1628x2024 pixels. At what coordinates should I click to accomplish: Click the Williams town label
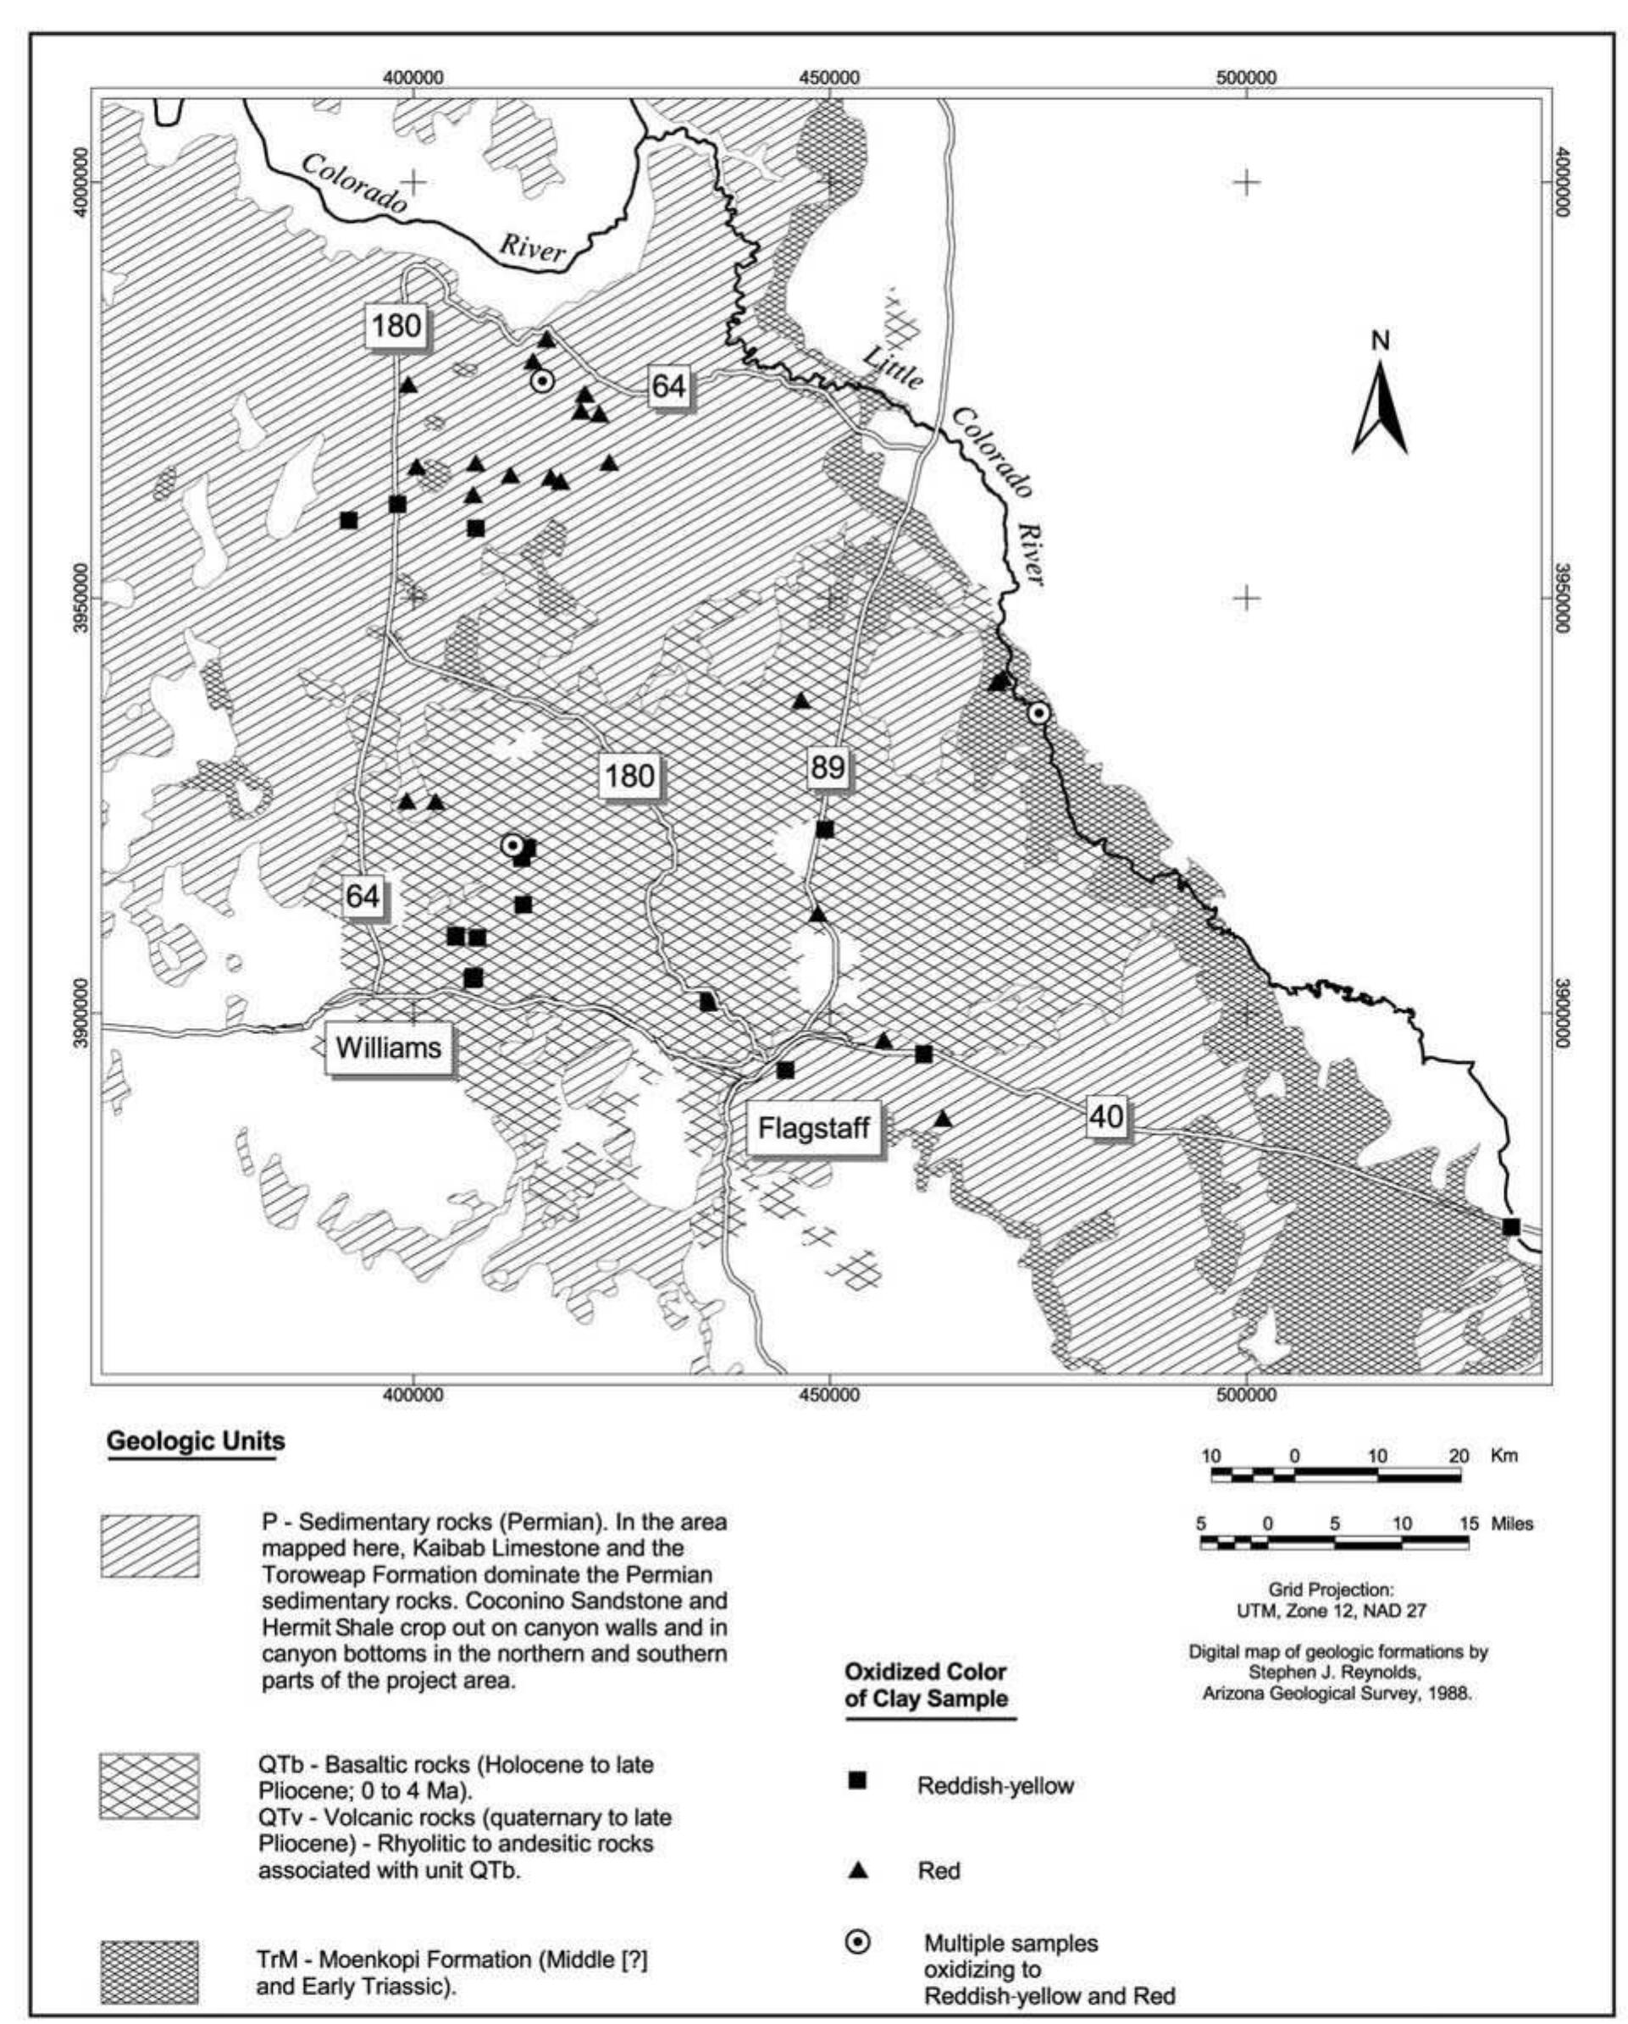(x=388, y=1048)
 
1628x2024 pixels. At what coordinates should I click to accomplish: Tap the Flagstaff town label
(x=813, y=1127)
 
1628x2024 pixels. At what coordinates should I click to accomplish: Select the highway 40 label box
(x=1106, y=1116)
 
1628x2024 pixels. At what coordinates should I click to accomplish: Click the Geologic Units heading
(x=196, y=1441)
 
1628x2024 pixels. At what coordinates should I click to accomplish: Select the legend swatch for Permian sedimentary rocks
(x=149, y=1546)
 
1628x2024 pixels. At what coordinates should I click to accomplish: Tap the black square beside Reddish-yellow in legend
(x=856, y=1781)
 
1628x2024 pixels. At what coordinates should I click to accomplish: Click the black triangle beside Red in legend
(x=857, y=1870)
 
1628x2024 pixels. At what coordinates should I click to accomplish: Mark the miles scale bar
(x=1334, y=1543)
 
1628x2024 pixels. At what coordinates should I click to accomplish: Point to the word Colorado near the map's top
(x=354, y=182)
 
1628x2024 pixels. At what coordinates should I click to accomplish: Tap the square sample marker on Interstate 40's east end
(x=1510, y=1226)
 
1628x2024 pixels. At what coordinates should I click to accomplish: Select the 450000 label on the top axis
(x=829, y=78)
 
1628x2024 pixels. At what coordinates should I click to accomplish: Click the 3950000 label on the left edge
(x=81, y=598)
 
